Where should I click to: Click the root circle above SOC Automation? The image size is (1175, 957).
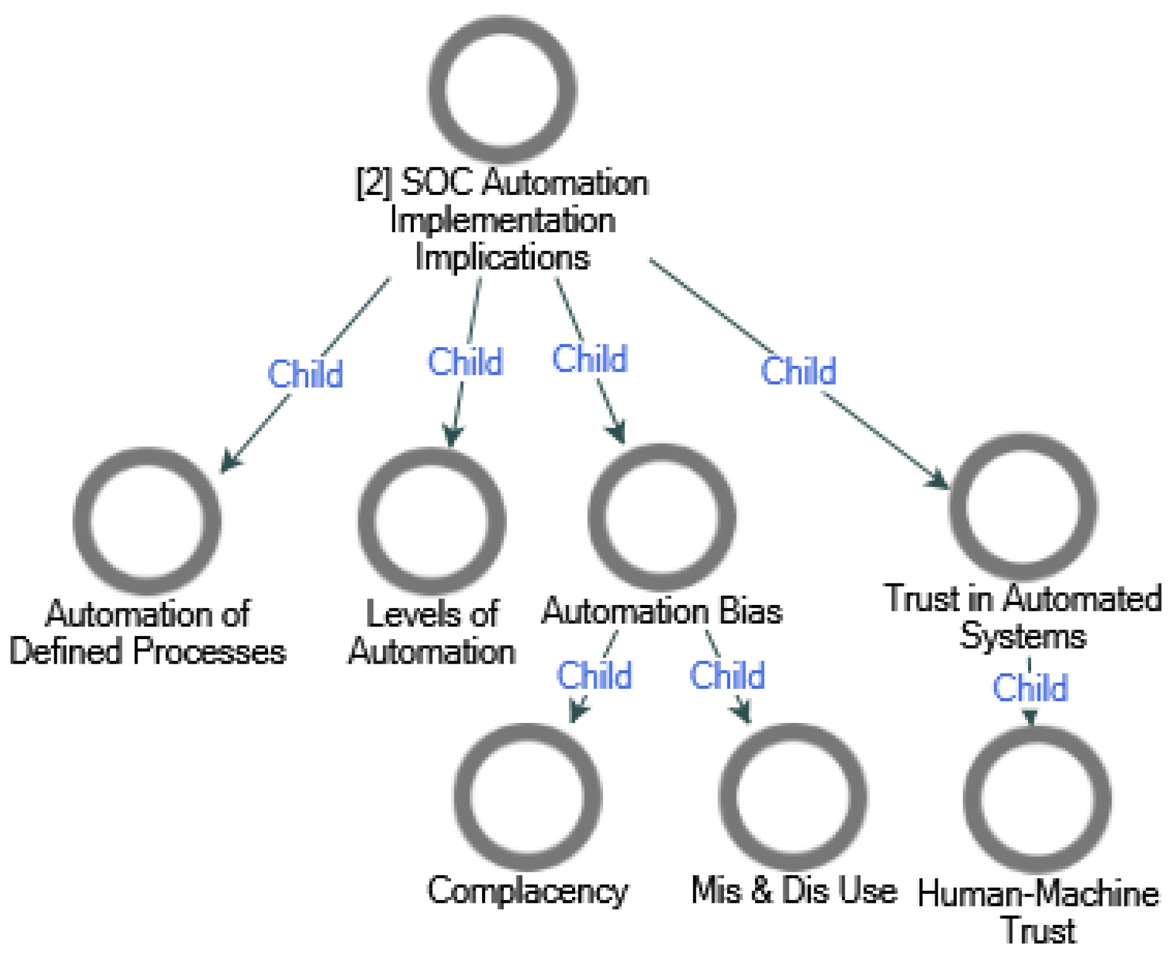(502, 90)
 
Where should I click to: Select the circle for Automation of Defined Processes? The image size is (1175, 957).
(147, 521)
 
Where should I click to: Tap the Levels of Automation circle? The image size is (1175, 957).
(432, 521)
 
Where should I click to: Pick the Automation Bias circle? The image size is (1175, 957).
(662, 517)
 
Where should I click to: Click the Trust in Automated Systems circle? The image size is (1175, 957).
(1023, 507)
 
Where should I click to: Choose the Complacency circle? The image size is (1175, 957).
(527, 797)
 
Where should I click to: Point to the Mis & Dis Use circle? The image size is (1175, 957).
(793, 797)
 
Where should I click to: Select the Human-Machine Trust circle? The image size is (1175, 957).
(1037, 799)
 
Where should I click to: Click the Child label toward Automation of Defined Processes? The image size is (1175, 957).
(305, 374)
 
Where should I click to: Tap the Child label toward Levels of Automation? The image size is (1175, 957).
(465, 362)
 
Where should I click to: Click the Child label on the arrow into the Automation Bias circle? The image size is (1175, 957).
(590, 359)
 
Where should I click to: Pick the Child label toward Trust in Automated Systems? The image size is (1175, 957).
(798, 371)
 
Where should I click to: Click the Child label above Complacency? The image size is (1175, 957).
(594, 676)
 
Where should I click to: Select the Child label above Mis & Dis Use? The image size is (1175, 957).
(727, 676)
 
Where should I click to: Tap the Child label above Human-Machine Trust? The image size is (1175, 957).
(1030, 688)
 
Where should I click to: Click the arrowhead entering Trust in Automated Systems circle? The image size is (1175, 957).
(939, 480)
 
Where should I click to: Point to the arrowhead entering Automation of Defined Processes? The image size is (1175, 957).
(228, 464)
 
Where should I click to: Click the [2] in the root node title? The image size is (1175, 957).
(373, 184)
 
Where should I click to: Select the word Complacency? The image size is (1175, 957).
(527, 891)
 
